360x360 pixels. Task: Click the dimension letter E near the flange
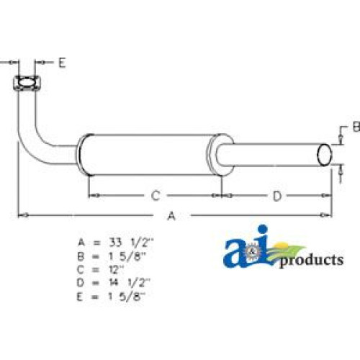(x=62, y=63)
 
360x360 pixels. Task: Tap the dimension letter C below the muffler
(x=156, y=196)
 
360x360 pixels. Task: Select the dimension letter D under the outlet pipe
(x=277, y=197)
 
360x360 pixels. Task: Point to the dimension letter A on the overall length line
(x=171, y=216)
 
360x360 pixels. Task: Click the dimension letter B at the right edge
(x=356, y=127)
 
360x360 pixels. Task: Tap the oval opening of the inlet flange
(x=27, y=83)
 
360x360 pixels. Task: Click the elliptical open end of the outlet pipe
(x=325, y=155)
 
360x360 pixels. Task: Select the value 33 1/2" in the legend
(x=131, y=243)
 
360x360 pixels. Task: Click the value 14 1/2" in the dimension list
(x=130, y=283)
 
